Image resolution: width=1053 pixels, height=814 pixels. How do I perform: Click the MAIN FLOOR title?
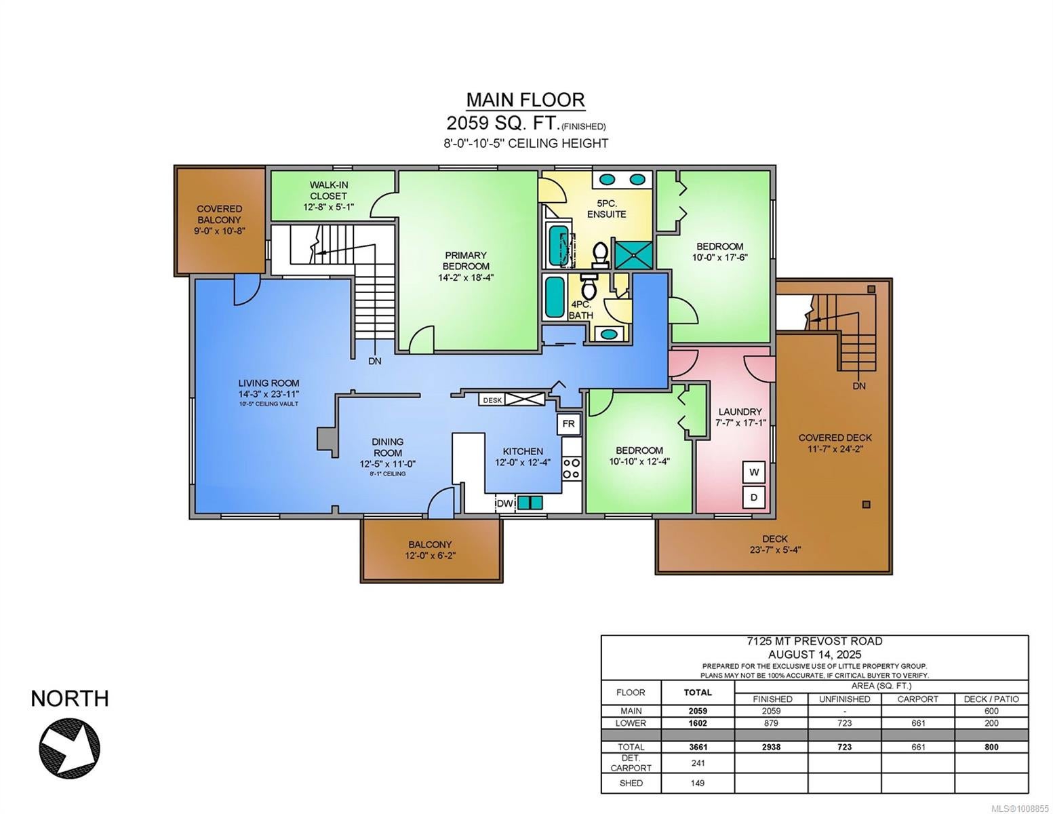(x=525, y=100)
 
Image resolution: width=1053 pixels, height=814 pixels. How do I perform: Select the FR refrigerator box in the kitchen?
(x=568, y=424)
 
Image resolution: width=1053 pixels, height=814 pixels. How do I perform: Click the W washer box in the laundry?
(x=754, y=472)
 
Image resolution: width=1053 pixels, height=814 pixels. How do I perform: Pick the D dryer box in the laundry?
(x=754, y=497)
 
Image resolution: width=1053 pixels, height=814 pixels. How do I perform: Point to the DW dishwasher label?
(x=505, y=504)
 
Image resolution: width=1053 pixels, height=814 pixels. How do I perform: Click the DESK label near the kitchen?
(x=492, y=400)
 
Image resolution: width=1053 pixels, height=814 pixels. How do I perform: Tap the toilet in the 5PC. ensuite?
(x=600, y=255)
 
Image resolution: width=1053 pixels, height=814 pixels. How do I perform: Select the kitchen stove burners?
(x=572, y=468)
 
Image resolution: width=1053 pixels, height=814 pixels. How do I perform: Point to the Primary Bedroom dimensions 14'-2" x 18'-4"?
(x=466, y=278)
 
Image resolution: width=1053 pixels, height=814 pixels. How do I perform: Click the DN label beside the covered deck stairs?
(x=859, y=386)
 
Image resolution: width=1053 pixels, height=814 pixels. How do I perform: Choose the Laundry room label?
(x=739, y=412)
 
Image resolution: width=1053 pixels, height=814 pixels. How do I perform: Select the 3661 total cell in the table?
(x=698, y=747)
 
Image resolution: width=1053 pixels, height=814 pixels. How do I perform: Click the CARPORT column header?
(x=918, y=699)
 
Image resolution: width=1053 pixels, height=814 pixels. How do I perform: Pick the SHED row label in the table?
(x=631, y=783)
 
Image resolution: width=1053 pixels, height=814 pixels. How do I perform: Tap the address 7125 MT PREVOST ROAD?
(x=814, y=642)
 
